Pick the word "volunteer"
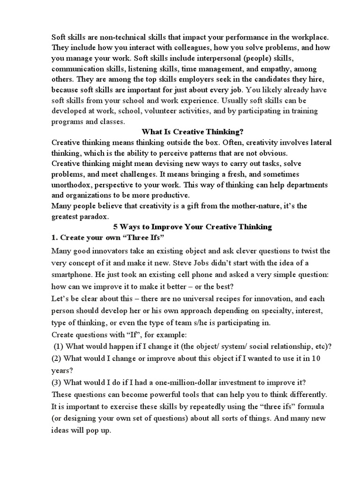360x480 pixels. click(x=177, y=111)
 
